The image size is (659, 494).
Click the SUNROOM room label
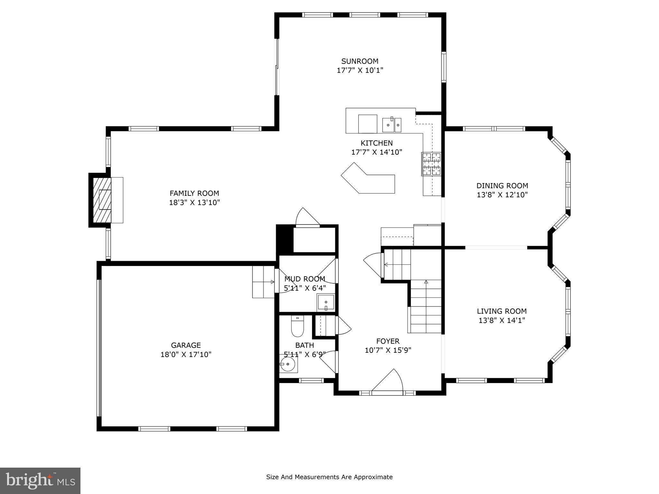[360, 61]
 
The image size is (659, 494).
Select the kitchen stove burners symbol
[431, 164]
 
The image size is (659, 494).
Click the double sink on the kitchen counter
[392, 125]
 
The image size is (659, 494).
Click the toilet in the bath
[297, 326]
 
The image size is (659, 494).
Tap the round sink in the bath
[287, 364]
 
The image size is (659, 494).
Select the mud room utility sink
[326, 302]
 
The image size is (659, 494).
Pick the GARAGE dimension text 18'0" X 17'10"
[186, 354]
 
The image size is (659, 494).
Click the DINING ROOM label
[502, 186]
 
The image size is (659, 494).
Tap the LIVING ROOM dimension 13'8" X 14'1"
[502, 320]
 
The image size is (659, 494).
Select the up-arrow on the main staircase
[426, 282]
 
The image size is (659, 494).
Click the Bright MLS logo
[40, 480]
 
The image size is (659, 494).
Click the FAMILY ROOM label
[194, 193]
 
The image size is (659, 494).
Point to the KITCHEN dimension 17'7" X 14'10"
[376, 152]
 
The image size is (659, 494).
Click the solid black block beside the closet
[285, 239]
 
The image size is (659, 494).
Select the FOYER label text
[388, 341]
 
